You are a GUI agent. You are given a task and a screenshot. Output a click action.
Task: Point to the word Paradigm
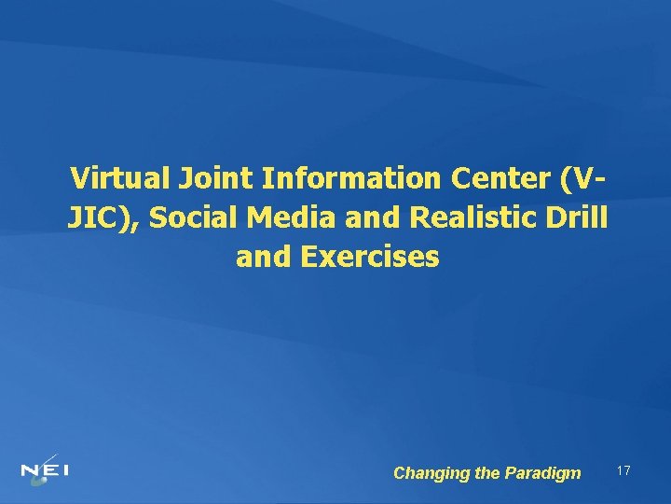[x=542, y=473]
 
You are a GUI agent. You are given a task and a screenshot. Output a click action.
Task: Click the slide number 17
[x=623, y=471]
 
